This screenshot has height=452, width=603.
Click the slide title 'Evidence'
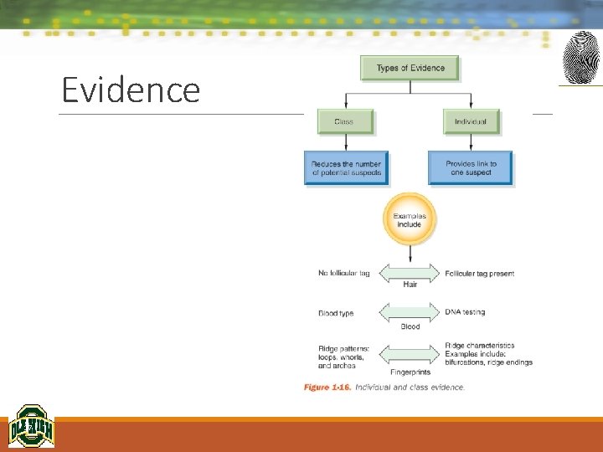[131, 90]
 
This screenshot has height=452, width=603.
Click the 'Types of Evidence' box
[410, 68]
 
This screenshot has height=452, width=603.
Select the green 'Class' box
[344, 121]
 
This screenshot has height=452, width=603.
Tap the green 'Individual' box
[471, 121]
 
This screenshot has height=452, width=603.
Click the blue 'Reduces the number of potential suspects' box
[346, 168]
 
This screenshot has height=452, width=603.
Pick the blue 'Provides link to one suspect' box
[471, 168]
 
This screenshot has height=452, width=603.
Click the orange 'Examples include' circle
[410, 220]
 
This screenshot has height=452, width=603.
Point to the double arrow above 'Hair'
[410, 272]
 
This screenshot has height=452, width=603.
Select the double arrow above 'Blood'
[410, 312]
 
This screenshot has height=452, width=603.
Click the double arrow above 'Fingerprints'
[410, 355]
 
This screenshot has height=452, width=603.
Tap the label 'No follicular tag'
[343, 274]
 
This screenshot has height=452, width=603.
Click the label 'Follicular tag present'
[480, 274]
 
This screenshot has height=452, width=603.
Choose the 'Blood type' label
[336, 313]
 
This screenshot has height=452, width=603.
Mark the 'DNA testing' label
[465, 312]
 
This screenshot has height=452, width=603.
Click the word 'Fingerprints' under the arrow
[410, 372]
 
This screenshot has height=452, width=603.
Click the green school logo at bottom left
[31, 426]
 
